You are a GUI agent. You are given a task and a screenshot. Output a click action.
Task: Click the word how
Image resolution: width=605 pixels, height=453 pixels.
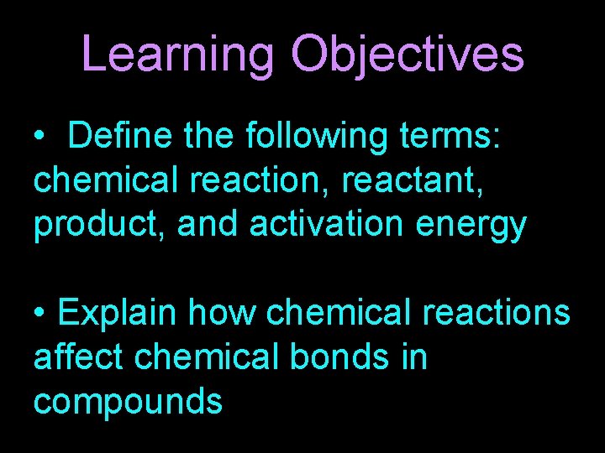(221, 313)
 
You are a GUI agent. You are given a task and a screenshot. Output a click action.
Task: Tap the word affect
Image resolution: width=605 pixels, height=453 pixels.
(77, 357)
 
